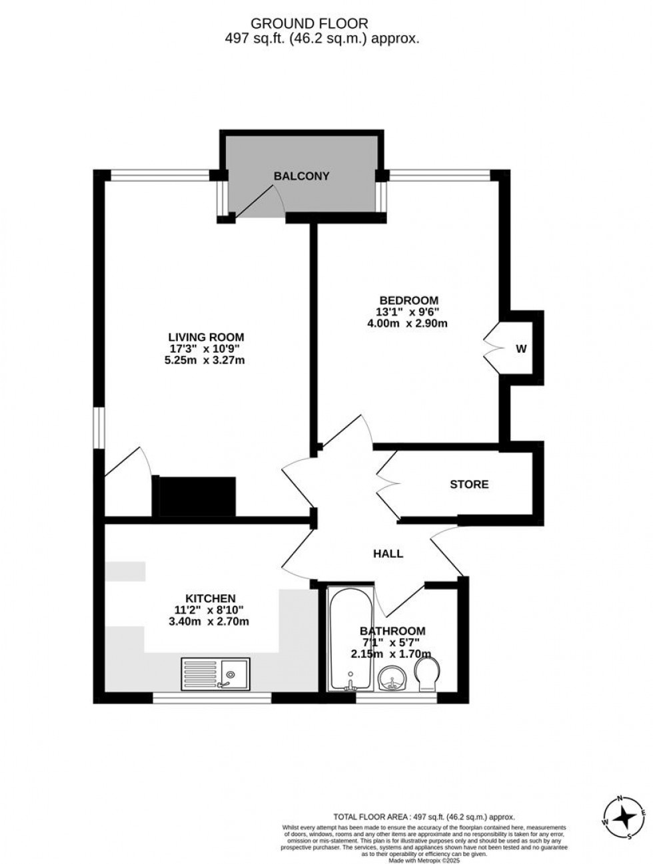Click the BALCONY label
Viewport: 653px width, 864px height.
pos(301,176)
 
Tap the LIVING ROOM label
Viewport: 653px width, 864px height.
pos(206,337)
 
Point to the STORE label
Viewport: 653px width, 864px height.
pos(469,485)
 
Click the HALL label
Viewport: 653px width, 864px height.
pos(388,553)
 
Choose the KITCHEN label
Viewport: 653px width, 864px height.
pos(211,598)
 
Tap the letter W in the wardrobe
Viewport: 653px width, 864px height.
pos(521,348)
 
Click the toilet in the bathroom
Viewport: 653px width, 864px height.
pos(426,676)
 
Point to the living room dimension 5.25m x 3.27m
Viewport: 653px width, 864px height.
pos(206,360)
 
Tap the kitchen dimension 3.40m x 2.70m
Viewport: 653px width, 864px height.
pos(211,622)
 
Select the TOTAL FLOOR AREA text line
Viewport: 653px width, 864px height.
pos(424,817)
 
